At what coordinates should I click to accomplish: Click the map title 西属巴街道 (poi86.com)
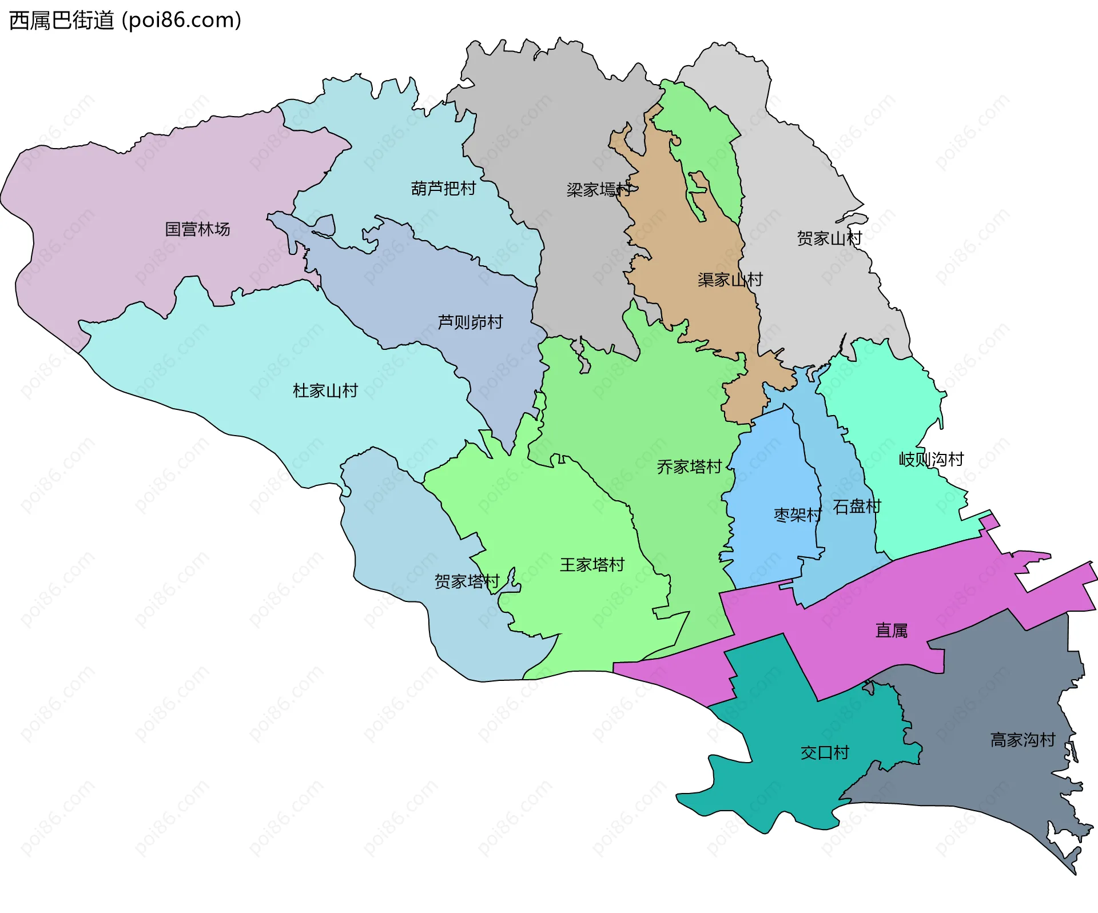click(x=125, y=21)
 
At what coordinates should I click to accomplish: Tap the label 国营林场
click(x=197, y=229)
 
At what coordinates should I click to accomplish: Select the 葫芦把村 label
click(x=443, y=188)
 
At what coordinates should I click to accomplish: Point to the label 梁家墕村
click(x=599, y=189)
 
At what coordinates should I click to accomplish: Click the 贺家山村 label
click(x=829, y=238)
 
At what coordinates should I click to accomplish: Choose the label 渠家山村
click(x=730, y=280)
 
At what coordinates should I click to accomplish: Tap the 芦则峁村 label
click(x=470, y=322)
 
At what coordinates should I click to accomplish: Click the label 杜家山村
click(x=325, y=390)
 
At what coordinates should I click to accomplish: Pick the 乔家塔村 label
click(x=689, y=467)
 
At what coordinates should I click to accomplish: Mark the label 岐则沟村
click(x=931, y=459)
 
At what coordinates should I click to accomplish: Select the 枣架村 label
click(x=797, y=515)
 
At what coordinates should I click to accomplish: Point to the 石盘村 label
click(x=857, y=507)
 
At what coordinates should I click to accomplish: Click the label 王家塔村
click(x=592, y=565)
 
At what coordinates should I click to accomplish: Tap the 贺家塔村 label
click(x=467, y=581)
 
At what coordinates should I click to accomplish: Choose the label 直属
click(x=891, y=631)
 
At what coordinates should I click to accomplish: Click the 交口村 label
click(x=825, y=752)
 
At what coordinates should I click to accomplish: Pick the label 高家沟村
click(x=1023, y=740)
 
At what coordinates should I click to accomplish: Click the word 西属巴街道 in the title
click(x=62, y=21)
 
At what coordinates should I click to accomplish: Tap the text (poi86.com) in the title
click(x=182, y=21)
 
